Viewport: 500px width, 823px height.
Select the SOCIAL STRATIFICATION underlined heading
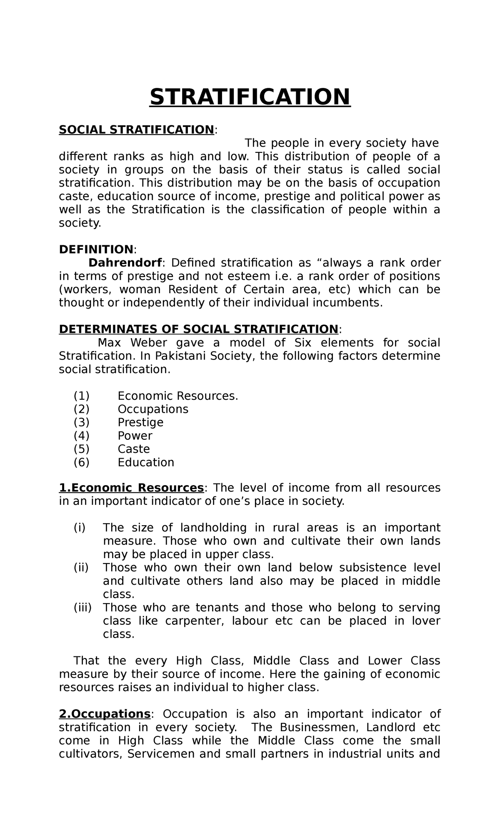(x=136, y=130)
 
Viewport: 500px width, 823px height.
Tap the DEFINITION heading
(x=96, y=249)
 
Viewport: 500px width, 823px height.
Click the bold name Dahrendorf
(x=125, y=263)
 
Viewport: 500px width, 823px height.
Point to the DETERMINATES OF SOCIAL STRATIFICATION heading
(x=198, y=329)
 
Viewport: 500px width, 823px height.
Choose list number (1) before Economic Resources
(x=82, y=396)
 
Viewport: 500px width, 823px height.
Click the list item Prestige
(x=140, y=422)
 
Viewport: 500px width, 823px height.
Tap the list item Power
(x=135, y=436)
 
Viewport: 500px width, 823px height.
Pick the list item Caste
(x=134, y=449)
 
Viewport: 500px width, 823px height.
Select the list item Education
(x=146, y=462)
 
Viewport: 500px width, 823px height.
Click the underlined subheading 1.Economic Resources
(x=131, y=488)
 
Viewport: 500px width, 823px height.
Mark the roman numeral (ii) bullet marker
(x=81, y=568)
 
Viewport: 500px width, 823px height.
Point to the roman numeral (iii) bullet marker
(x=82, y=608)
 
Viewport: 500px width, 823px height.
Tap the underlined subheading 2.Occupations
(x=105, y=714)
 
